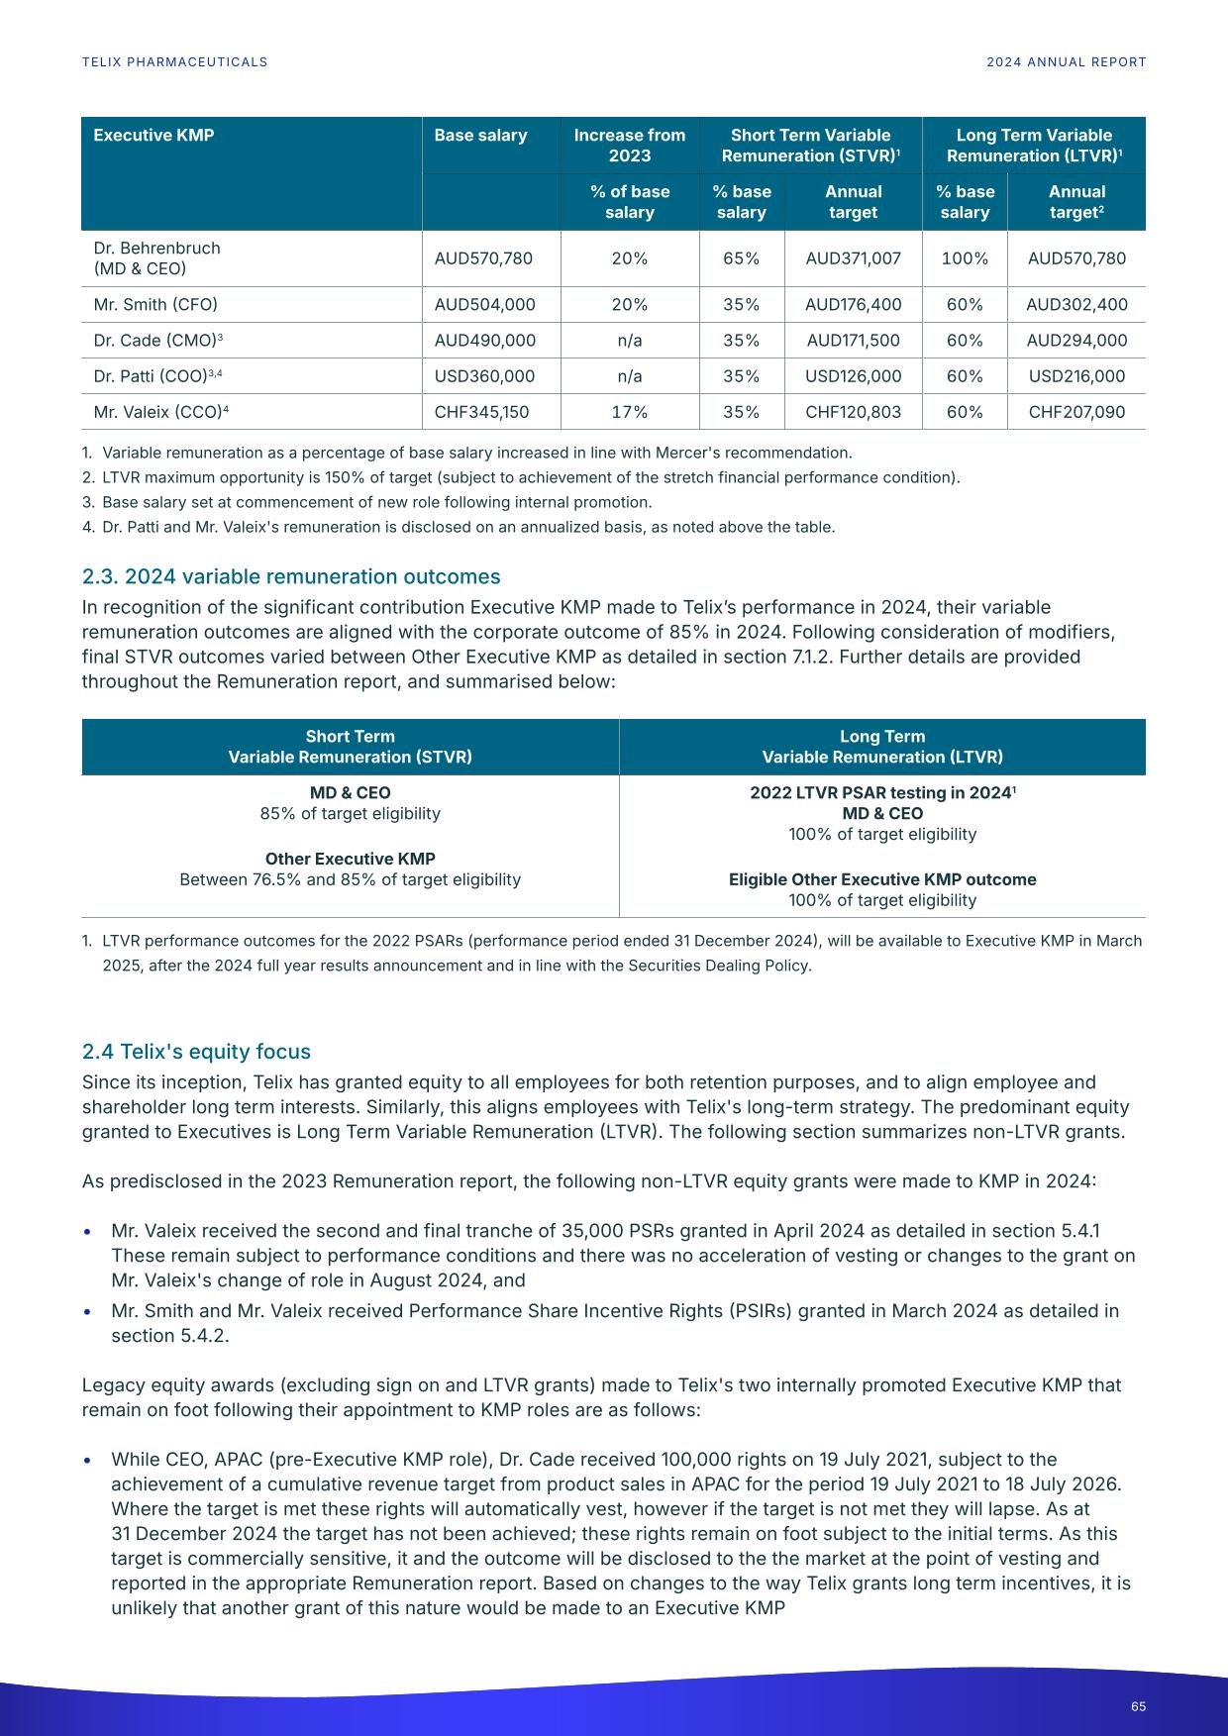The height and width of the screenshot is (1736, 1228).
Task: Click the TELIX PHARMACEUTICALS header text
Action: click(174, 62)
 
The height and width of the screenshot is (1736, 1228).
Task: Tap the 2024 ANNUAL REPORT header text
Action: click(1066, 62)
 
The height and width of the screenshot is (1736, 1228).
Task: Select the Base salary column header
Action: click(480, 136)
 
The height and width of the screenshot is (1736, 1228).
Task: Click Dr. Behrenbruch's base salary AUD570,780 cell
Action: click(483, 258)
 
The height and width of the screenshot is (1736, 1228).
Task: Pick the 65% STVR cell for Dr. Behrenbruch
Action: click(742, 258)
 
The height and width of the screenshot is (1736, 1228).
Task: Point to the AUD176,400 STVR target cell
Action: click(853, 305)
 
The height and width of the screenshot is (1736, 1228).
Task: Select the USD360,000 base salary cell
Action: click(484, 376)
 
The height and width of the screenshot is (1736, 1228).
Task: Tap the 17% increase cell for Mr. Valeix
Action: click(630, 412)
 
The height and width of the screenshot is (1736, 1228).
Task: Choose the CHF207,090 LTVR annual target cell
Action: click(1076, 412)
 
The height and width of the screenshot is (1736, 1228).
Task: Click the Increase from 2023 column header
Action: click(630, 146)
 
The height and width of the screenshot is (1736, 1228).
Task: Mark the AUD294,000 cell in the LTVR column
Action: click(1076, 341)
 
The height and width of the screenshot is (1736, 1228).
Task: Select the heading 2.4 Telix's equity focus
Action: click(196, 1052)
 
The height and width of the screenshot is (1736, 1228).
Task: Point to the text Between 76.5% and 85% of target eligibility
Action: click(350, 879)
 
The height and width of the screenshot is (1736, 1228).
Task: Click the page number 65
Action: click(1138, 1706)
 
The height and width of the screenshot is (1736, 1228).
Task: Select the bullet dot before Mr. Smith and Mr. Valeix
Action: click(88, 1312)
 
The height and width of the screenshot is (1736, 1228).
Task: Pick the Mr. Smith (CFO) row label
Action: click(155, 305)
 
